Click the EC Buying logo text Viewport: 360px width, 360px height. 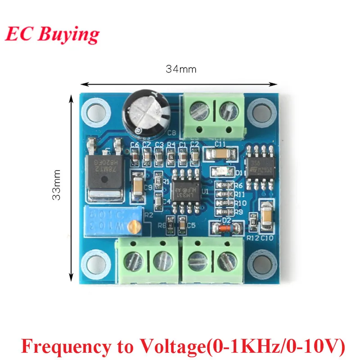coord(52,35)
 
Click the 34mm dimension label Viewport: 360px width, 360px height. coord(181,69)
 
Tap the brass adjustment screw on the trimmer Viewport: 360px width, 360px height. coord(133,228)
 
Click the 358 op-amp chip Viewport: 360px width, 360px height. coord(258,170)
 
